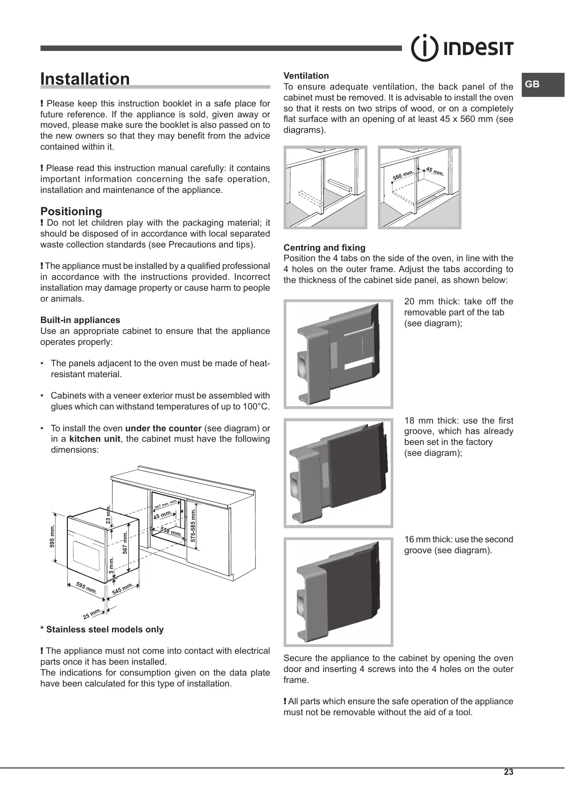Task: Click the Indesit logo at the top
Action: coord(462,48)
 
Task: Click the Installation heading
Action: coord(85,79)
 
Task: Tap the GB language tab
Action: coord(532,84)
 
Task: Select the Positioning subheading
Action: coord(71,211)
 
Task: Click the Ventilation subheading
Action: coord(306,76)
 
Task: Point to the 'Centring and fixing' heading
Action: coord(324,247)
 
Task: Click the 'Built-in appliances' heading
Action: coord(80,320)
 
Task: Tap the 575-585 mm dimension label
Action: coord(193,525)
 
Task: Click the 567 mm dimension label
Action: coord(125,542)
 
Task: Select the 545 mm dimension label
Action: coord(122,589)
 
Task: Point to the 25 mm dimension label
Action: coord(91,614)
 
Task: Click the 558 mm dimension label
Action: coord(171,531)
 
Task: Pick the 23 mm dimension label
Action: coord(108,514)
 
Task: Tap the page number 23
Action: coord(509,772)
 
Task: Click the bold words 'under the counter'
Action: coord(163,428)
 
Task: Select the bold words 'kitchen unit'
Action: coord(95,439)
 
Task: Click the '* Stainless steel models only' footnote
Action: coord(102,630)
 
